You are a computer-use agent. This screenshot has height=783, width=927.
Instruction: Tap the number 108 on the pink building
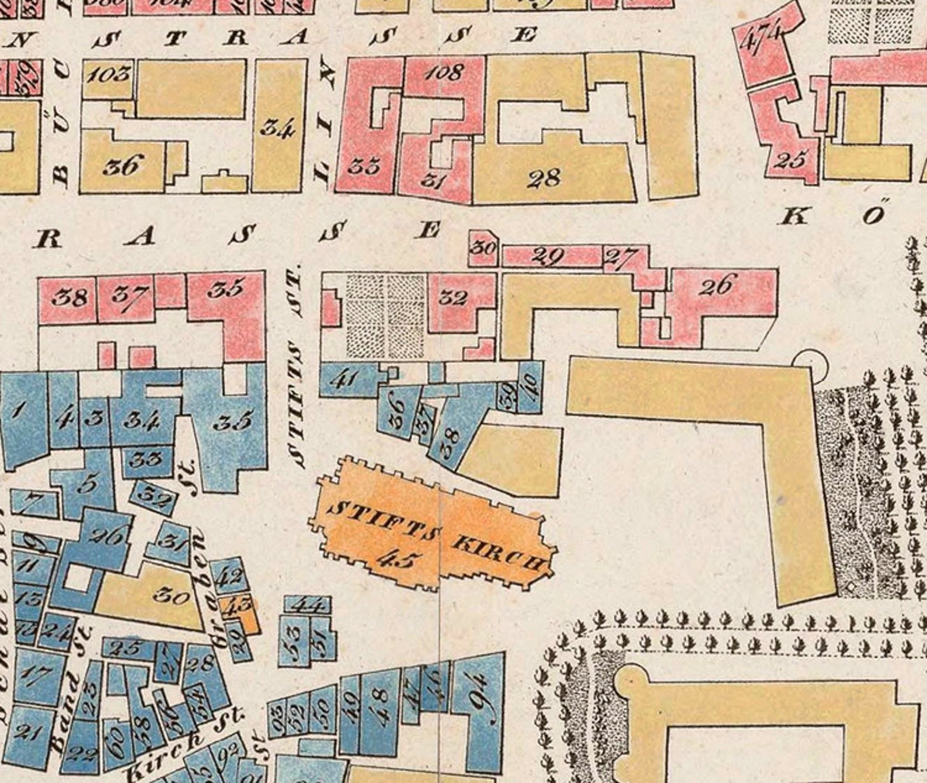click(444, 72)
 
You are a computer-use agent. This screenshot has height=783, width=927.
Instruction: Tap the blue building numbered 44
click(307, 604)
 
